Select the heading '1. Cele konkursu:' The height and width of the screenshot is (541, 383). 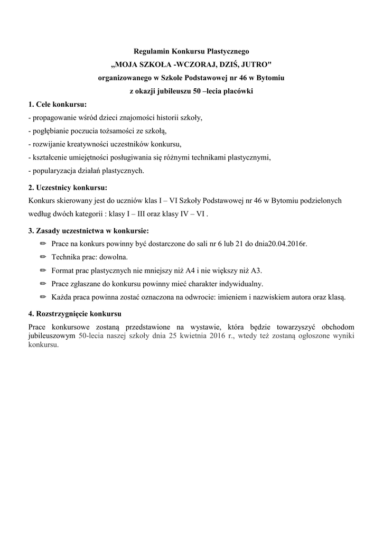click(x=58, y=104)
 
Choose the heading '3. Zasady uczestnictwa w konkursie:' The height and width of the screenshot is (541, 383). click(x=88, y=231)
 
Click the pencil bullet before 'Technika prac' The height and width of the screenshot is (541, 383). click(x=43, y=257)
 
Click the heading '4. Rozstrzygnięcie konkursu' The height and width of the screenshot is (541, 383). click(x=75, y=314)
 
